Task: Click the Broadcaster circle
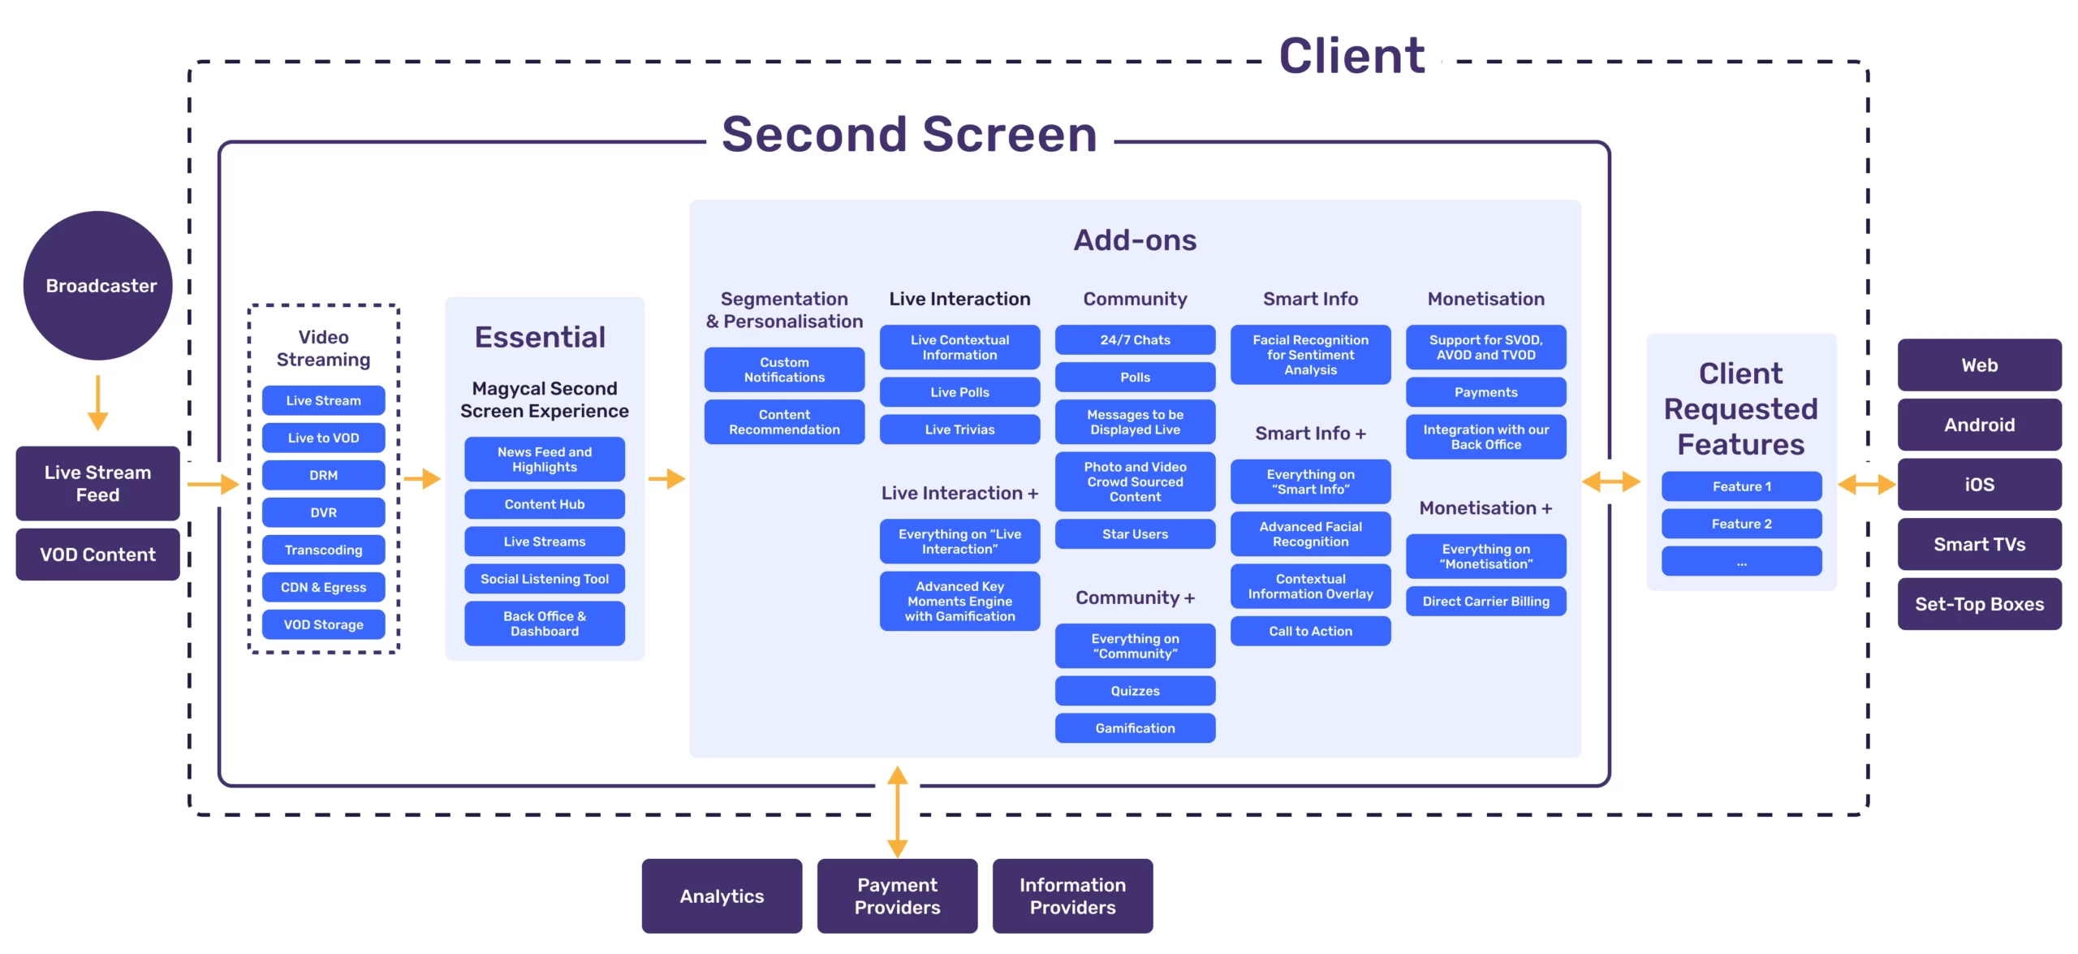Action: [98, 286]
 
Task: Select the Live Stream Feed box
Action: [98, 483]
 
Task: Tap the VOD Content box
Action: [98, 555]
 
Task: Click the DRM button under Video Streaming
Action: [323, 475]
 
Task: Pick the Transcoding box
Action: [323, 550]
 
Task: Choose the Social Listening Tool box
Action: [545, 579]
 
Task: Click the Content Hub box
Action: [545, 504]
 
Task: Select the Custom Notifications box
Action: [784, 369]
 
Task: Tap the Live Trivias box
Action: [959, 430]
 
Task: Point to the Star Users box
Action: [1135, 534]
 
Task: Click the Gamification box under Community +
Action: [1135, 728]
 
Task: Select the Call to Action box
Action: [1310, 631]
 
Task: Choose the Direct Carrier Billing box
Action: [1485, 602]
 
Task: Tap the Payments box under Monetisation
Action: [1485, 392]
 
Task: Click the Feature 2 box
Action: [1741, 524]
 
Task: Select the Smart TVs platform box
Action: [1979, 544]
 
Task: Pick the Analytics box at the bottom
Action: [722, 896]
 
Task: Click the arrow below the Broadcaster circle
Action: [97, 403]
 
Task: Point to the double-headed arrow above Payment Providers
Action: [897, 811]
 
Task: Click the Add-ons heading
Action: [1135, 240]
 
